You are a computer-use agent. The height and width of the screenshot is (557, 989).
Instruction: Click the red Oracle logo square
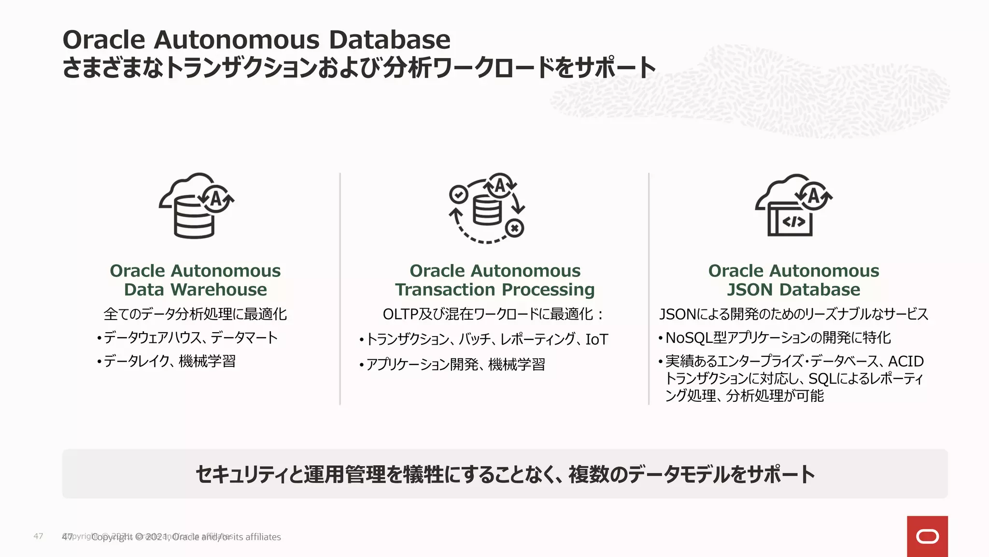pos(927,536)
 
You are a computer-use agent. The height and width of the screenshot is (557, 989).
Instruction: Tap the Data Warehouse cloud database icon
pos(196,205)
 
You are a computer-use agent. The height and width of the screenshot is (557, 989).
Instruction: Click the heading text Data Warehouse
pos(195,290)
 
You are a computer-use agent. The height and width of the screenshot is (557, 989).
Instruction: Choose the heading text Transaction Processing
pos(494,290)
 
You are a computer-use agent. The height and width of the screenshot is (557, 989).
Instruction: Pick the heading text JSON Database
pos(793,290)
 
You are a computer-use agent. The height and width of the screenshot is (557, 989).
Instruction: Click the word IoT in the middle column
pos(596,339)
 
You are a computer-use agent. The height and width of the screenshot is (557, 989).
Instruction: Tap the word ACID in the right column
pos(905,361)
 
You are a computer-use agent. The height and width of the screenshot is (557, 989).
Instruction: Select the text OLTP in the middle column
pos(400,314)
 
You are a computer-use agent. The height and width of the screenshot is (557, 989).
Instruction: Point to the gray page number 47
pos(38,536)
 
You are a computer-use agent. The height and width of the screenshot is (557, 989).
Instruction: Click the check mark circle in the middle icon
pos(458,194)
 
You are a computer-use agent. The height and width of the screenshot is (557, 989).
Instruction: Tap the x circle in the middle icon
pos(515,228)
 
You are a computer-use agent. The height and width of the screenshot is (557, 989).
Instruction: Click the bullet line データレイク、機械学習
pos(169,361)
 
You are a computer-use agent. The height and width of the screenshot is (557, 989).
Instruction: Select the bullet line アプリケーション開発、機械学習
pos(455,364)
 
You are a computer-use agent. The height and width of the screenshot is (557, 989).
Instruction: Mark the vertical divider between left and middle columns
pos(340,289)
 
